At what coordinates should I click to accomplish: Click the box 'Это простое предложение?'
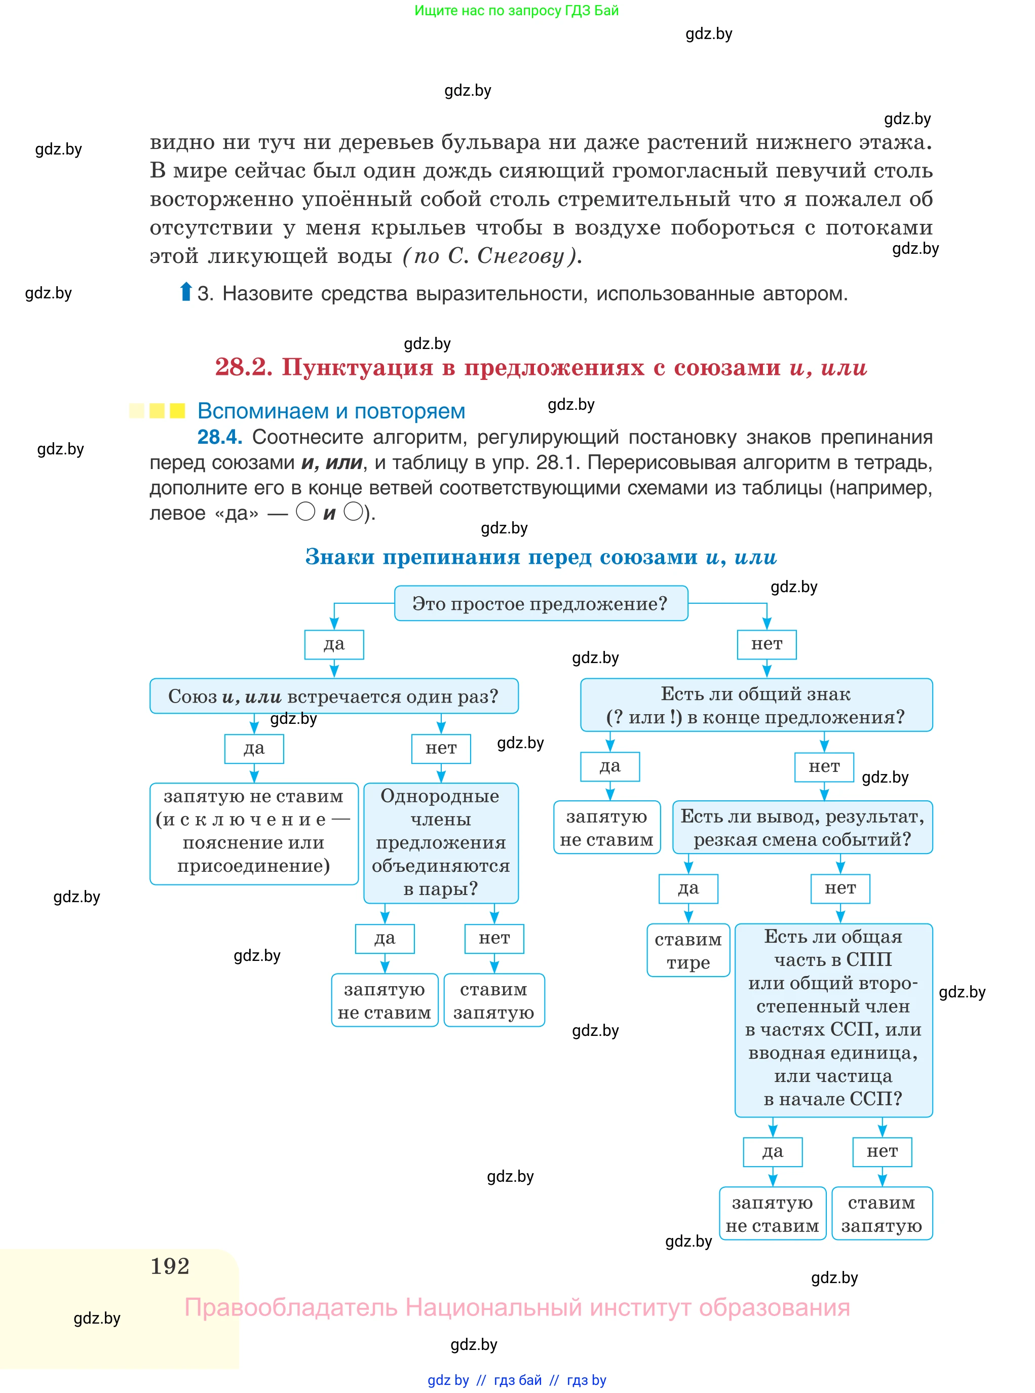click(x=541, y=603)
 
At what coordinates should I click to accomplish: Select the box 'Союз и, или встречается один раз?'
click(x=334, y=696)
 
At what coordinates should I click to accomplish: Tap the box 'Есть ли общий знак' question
click(x=756, y=705)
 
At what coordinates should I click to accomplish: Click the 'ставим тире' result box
click(x=688, y=950)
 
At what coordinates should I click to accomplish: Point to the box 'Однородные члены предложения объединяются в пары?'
click(x=441, y=842)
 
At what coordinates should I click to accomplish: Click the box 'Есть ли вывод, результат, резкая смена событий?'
click(x=802, y=827)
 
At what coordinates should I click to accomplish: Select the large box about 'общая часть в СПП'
click(x=833, y=1020)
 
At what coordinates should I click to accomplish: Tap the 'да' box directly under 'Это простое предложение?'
click(x=334, y=644)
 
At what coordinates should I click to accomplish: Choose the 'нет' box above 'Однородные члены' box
click(x=441, y=749)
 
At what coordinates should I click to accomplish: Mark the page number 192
click(x=170, y=1266)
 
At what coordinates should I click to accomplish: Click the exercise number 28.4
click(x=219, y=437)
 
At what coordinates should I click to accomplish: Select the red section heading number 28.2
click(x=244, y=367)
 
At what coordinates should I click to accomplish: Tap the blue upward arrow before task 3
click(x=185, y=292)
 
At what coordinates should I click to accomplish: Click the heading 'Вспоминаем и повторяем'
click(x=331, y=411)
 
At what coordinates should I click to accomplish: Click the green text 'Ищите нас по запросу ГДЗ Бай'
click(x=516, y=11)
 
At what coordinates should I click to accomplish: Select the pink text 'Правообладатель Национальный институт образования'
click(x=517, y=1307)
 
